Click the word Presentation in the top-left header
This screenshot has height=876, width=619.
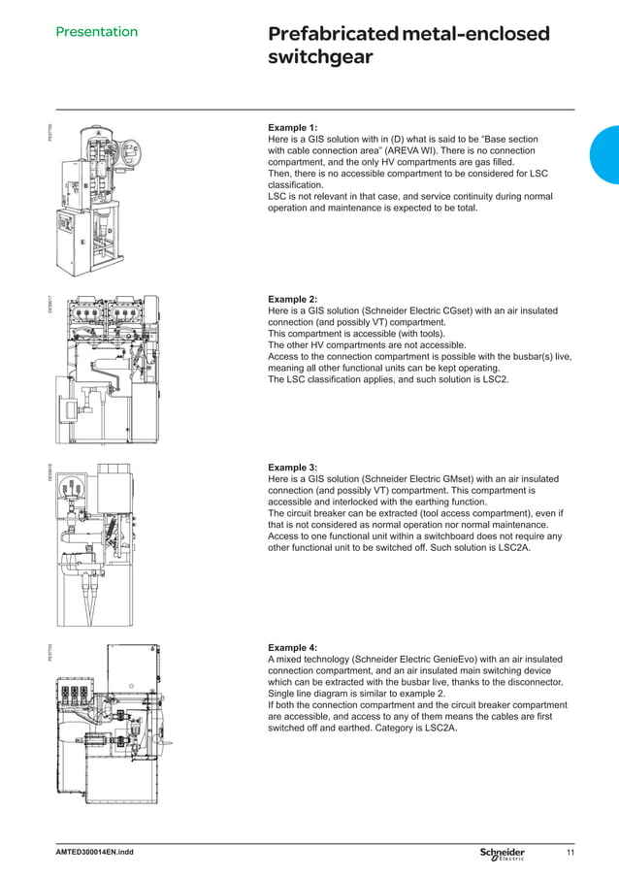[96, 32]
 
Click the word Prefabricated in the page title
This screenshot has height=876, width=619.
[331, 35]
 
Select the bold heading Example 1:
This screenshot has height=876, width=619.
[292, 127]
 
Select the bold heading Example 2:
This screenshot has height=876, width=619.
[292, 300]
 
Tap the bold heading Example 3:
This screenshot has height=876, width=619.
[292, 468]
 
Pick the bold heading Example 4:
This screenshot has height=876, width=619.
[292, 647]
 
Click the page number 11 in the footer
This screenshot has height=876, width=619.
[570, 853]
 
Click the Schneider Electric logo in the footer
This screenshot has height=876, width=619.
[502, 853]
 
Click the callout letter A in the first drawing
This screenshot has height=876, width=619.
[99, 132]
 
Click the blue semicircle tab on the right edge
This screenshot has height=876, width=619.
[605, 155]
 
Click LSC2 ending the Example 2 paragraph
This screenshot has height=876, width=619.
[495, 379]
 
